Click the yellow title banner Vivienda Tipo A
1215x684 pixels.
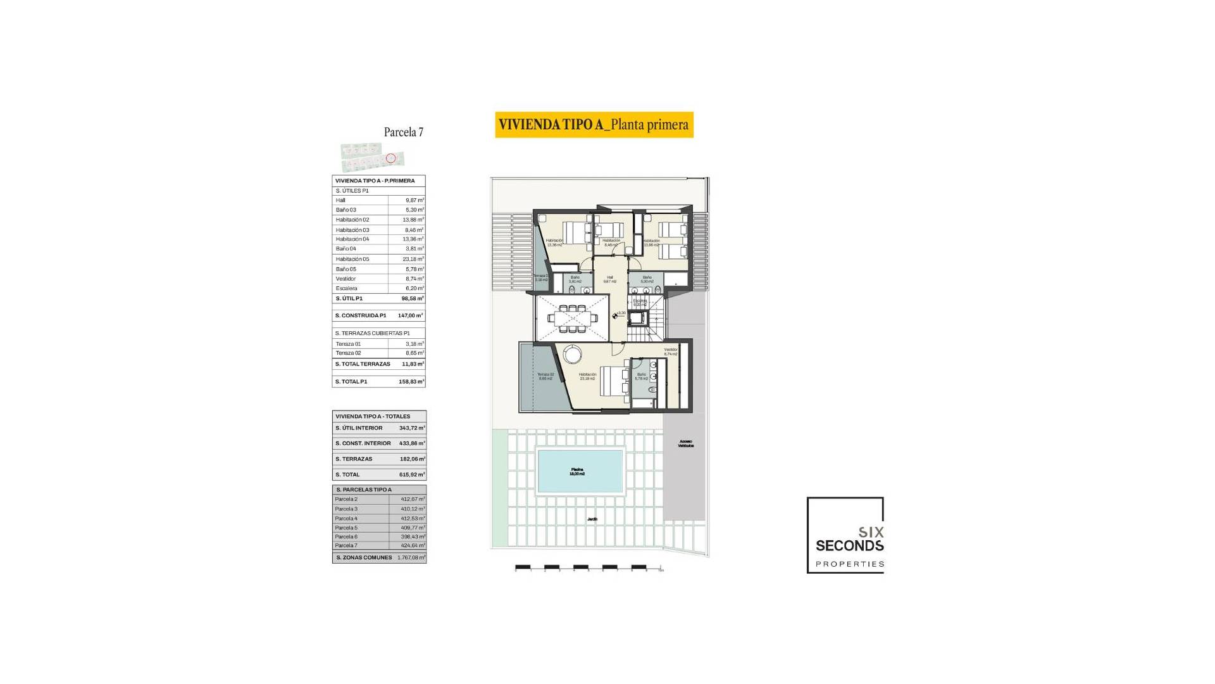[x=594, y=125]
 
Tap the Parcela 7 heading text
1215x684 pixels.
[x=403, y=132]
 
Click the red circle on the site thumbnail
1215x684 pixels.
[x=390, y=158]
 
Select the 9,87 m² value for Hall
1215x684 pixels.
[x=414, y=200]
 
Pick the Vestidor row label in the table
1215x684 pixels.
[x=346, y=279]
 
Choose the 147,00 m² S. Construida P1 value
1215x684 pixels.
[x=410, y=315]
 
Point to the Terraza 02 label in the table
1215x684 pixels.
[x=349, y=353]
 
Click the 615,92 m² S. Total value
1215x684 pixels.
[x=412, y=474]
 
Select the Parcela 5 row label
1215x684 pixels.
[x=346, y=528]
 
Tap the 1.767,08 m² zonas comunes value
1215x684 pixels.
[x=411, y=558]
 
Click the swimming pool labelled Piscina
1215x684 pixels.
[x=580, y=471]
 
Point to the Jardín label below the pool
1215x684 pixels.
[x=592, y=519]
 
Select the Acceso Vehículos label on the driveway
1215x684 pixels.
[x=686, y=443]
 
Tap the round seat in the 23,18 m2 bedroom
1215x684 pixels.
[x=573, y=354]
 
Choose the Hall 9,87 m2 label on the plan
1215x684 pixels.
[x=610, y=279]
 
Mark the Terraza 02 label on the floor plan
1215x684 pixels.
[x=545, y=376]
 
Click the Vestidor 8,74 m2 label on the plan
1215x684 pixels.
[x=671, y=351]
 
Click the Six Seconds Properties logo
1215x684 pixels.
[x=845, y=535]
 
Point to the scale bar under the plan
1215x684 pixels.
[x=589, y=567]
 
